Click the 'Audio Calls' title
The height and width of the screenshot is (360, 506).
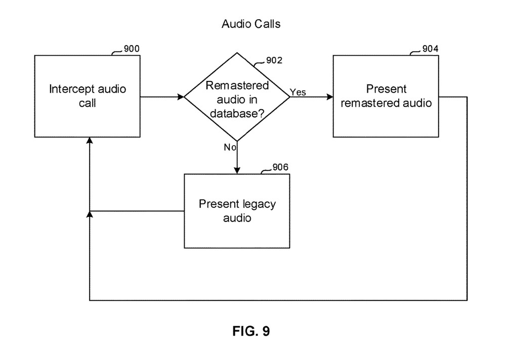point(250,24)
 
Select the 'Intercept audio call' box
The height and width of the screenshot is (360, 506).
point(88,96)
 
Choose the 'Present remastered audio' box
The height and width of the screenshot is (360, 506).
point(386,96)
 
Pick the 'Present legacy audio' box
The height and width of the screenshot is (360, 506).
point(237,211)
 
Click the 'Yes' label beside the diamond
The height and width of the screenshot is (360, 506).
point(298,92)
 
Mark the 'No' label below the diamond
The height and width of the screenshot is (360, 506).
point(230,147)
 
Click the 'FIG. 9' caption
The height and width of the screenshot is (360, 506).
point(251,332)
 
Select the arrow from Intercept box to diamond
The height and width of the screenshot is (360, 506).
point(162,96)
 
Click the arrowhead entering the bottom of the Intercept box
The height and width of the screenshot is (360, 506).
point(89,140)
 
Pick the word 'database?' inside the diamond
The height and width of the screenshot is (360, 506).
point(237,114)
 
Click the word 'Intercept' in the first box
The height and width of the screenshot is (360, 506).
point(70,89)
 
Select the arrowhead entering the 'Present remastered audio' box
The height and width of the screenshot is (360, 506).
point(329,96)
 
